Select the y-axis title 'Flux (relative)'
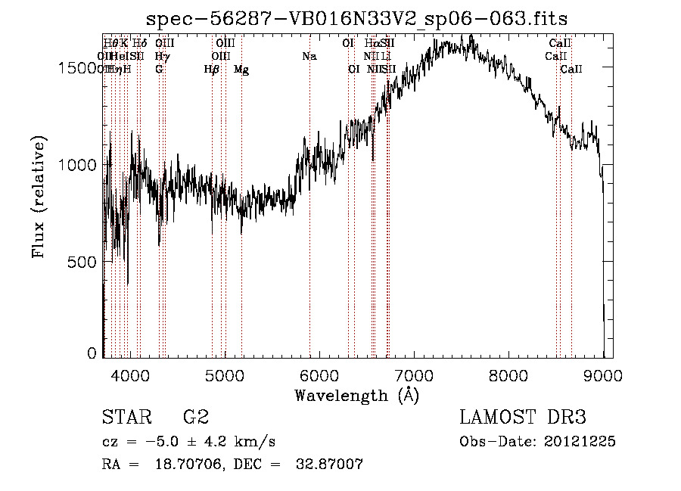(x=39, y=198)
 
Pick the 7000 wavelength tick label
(x=413, y=375)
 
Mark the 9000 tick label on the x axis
(x=602, y=375)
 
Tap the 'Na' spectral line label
(x=309, y=56)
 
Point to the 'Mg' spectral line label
(x=241, y=70)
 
